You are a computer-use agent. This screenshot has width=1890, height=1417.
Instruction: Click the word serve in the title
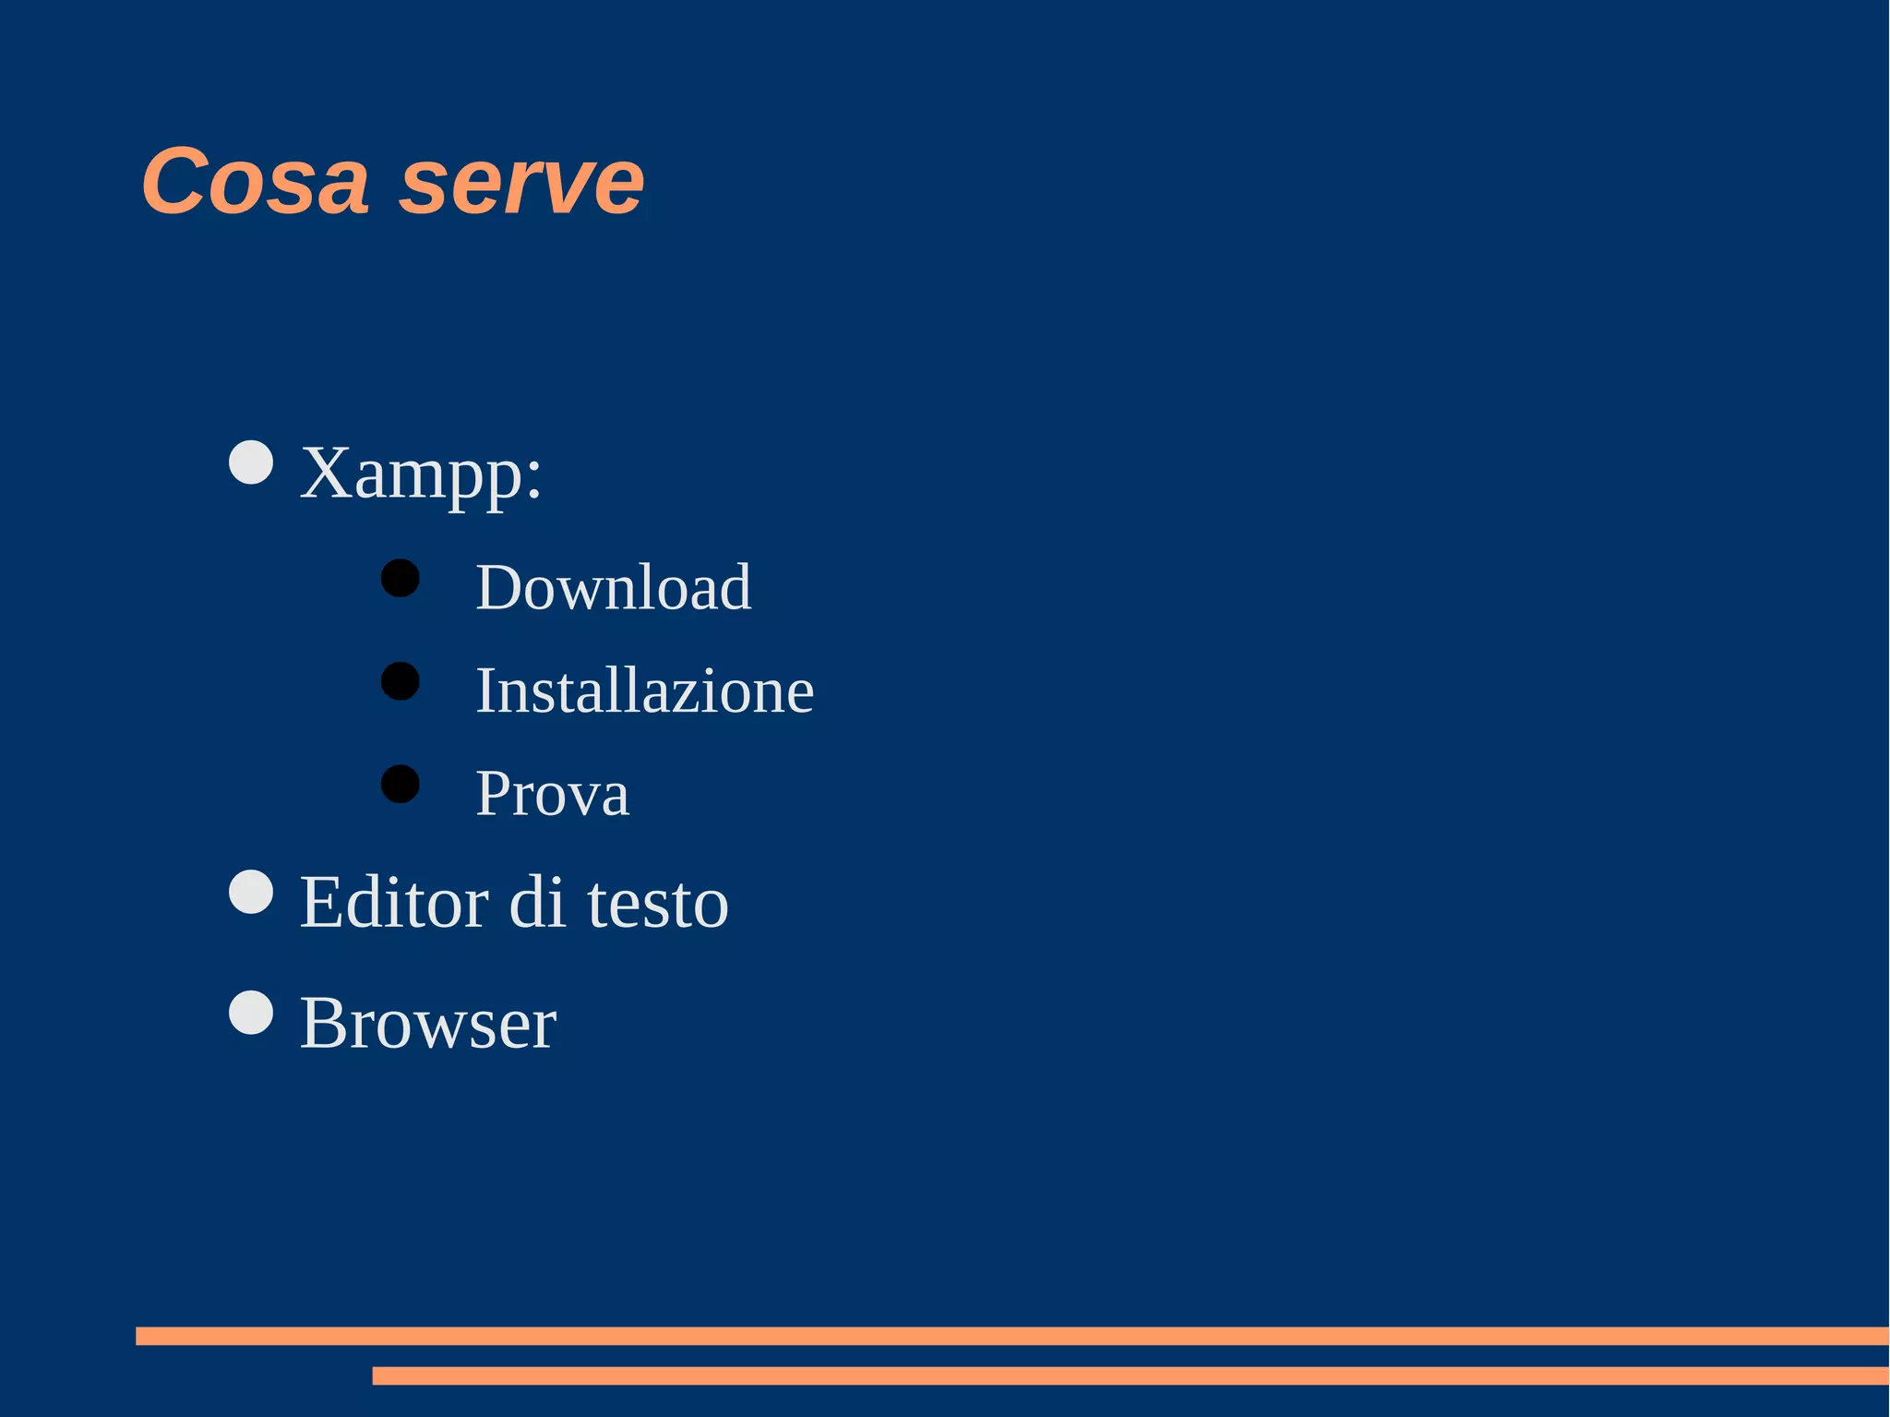coord(521,182)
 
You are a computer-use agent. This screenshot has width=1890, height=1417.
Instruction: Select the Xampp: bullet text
coord(421,473)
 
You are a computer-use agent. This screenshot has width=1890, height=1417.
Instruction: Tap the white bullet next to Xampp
coord(251,462)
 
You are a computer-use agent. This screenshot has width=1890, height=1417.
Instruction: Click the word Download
coord(613,587)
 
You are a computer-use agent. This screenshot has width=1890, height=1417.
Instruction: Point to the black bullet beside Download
coord(401,578)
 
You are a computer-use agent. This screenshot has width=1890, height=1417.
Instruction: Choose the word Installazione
coord(644,690)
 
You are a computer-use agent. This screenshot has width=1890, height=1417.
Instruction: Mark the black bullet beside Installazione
coord(401,681)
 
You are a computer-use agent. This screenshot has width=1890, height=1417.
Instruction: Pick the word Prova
coord(552,793)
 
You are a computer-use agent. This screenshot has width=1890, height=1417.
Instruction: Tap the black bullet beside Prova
coord(401,784)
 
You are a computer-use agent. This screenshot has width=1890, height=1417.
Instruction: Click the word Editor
coord(395,902)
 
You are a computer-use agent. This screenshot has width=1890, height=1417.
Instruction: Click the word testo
coord(657,904)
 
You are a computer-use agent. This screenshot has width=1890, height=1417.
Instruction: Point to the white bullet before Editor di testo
coord(251,892)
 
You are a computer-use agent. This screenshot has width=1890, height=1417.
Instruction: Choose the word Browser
coord(428,1023)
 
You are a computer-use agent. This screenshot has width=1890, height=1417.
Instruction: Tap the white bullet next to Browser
coord(251,1013)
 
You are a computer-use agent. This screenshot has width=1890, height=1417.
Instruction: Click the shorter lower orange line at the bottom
coord(1130,1375)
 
